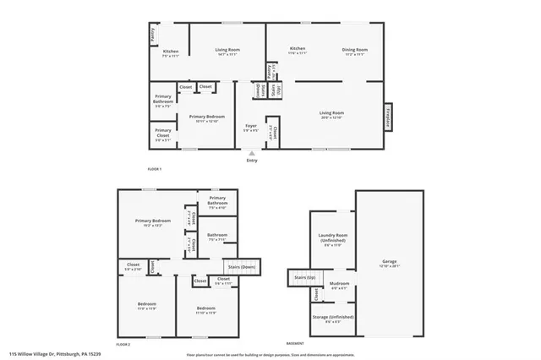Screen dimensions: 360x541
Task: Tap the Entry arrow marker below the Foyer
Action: click(251, 153)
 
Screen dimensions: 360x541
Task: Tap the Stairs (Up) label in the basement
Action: click(303, 276)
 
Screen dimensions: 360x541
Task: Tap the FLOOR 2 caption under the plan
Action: click(124, 344)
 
